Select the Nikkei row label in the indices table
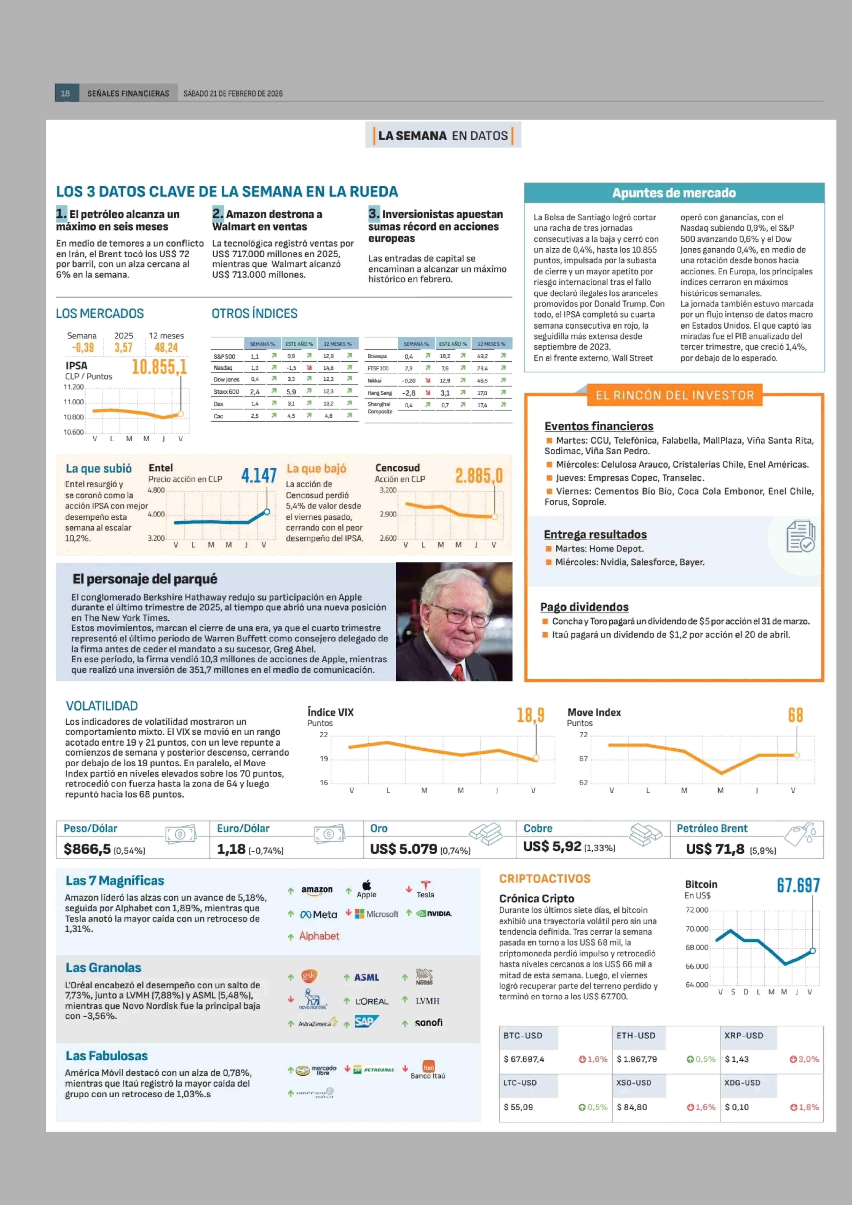pyautogui.click(x=375, y=381)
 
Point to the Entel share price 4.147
pyautogui.click(x=259, y=476)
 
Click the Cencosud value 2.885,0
pyautogui.click(x=478, y=476)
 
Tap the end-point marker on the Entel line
pyautogui.click(x=267, y=511)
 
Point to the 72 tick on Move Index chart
pyautogui.click(x=583, y=734)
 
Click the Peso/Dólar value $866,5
pyautogui.click(x=87, y=849)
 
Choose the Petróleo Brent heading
pyautogui.click(x=712, y=829)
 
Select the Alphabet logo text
pyautogui.click(x=319, y=936)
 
